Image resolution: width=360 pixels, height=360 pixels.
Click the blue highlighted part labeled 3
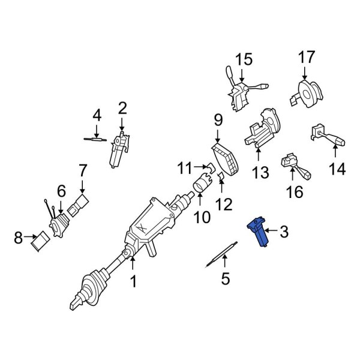(x=259, y=233)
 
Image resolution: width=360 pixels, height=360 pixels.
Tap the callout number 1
(x=134, y=280)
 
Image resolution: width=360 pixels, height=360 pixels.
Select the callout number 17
(x=306, y=58)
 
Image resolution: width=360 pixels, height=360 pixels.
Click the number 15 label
(x=244, y=59)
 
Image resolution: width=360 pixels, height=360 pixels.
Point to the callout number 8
(x=17, y=240)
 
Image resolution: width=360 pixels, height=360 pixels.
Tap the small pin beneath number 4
(x=95, y=139)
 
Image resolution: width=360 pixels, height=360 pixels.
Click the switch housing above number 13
(x=262, y=131)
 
